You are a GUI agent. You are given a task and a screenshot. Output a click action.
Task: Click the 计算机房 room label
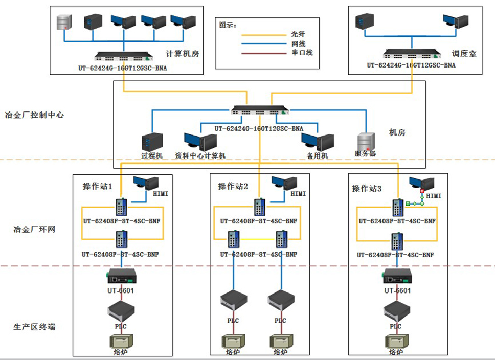[x=183, y=54]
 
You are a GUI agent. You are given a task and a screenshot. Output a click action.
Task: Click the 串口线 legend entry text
[x=302, y=52]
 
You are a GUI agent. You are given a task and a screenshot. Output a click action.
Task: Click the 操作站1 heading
[x=97, y=187]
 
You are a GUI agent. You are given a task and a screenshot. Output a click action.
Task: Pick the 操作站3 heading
[x=367, y=189]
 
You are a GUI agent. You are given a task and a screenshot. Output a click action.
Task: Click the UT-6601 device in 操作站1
[x=121, y=277]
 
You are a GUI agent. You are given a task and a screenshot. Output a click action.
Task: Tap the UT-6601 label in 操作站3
[x=397, y=290]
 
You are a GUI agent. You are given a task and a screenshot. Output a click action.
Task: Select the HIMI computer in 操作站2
[x=284, y=184]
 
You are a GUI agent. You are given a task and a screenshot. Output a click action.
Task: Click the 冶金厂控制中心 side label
[x=34, y=115]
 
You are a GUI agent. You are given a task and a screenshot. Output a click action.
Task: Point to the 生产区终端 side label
[x=34, y=327]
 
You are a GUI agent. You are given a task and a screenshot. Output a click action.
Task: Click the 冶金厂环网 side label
[x=34, y=229]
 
